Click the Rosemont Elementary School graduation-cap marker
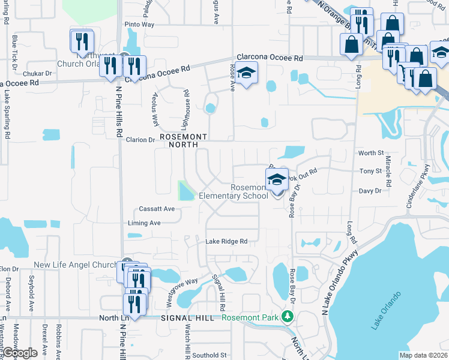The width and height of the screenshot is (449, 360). point(277,179)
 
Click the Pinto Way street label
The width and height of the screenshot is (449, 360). point(139,25)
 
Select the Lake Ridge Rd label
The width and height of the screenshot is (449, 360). point(226,242)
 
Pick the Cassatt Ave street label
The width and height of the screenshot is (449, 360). point(156,209)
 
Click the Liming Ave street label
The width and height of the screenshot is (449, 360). point(144,223)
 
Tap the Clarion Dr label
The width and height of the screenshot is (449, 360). point(140,140)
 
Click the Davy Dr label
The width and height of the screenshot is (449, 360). point(370,191)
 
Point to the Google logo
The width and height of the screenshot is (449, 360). point(20,352)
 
